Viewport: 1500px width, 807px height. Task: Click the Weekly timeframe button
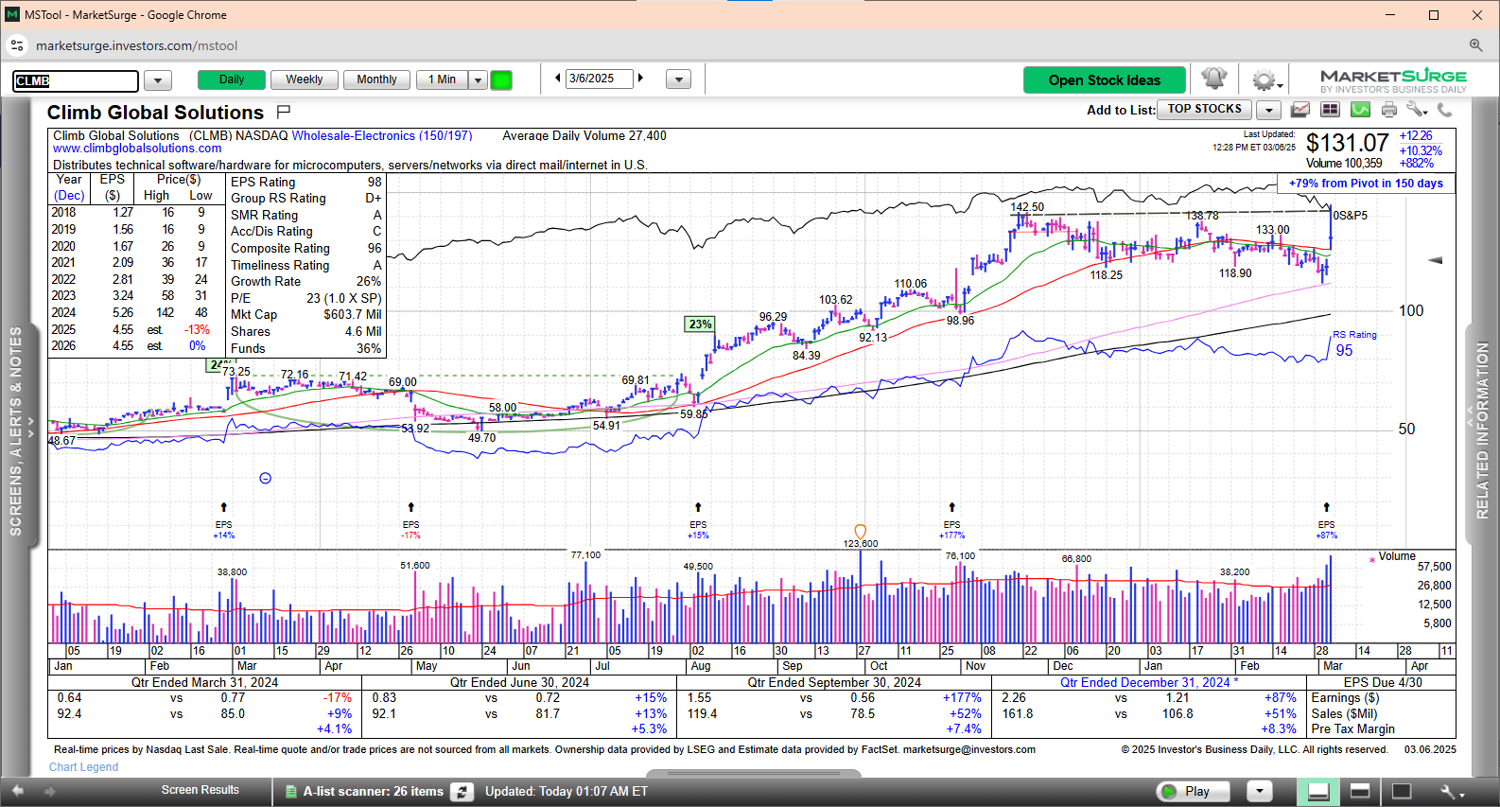point(304,79)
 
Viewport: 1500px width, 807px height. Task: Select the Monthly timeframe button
point(376,79)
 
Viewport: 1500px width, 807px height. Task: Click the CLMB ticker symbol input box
point(76,80)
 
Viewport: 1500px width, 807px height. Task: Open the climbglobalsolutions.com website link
point(137,149)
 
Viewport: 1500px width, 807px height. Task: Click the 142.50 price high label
point(1027,207)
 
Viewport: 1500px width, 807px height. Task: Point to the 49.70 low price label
point(482,438)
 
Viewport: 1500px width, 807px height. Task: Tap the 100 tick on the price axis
point(1411,311)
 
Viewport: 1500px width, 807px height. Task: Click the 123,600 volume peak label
point(861,544)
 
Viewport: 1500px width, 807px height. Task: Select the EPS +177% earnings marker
point(951,530)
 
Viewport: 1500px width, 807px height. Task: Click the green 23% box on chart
point(700,325)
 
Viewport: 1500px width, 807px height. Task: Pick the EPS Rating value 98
point(375,183)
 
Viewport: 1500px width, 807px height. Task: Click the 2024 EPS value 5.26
point(123,313)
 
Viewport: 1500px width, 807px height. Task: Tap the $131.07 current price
point(1347,143)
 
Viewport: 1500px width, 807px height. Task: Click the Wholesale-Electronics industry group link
point(381,136)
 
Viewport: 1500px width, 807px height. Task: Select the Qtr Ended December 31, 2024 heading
point(1144,682)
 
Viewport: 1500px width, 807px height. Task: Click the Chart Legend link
point(84,767)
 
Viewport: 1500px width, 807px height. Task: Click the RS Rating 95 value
point(1344,351)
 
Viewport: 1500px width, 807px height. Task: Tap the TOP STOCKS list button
point(1204,110)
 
